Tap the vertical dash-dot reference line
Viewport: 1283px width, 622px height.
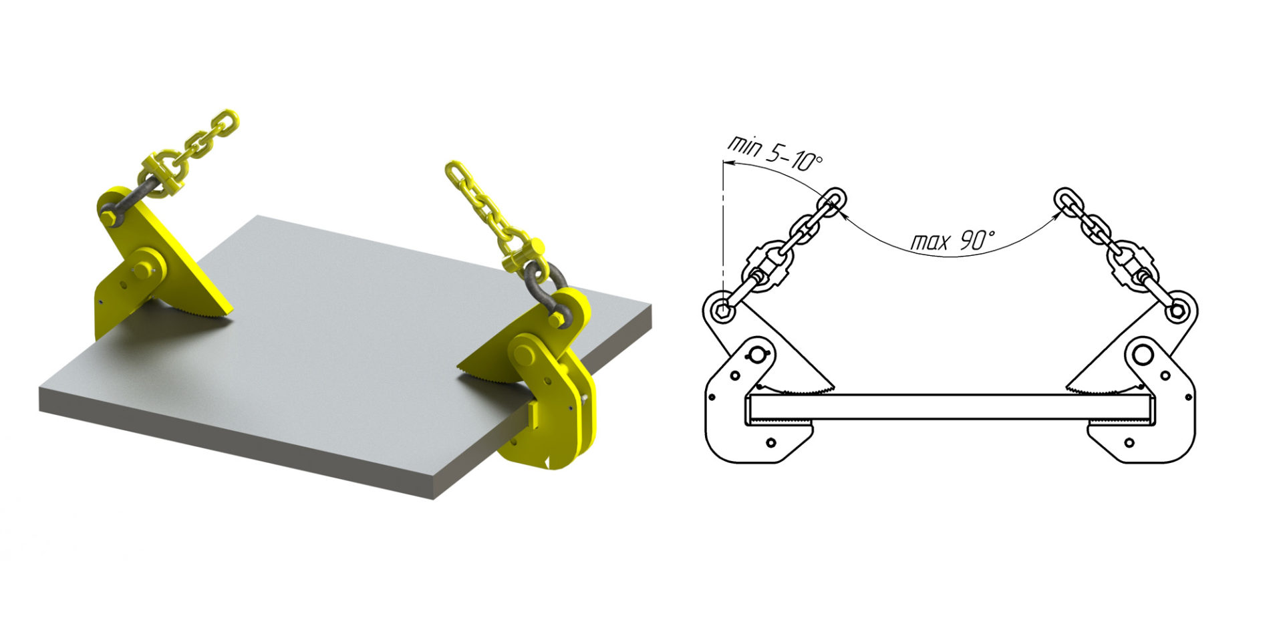[722, 227]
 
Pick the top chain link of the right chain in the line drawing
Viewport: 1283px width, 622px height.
[1067, 200]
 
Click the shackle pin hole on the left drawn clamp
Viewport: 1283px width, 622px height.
[722, 310]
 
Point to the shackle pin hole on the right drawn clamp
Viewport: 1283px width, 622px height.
[1177, 311]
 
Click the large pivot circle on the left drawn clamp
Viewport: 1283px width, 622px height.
[758, 355]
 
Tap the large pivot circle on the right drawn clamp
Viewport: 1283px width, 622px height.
[1143, 355]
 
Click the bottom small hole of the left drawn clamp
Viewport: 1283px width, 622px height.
[771, 442]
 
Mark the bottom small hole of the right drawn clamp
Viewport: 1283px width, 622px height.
[1129, 442]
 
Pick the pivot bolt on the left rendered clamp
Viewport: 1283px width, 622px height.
[143, 269]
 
